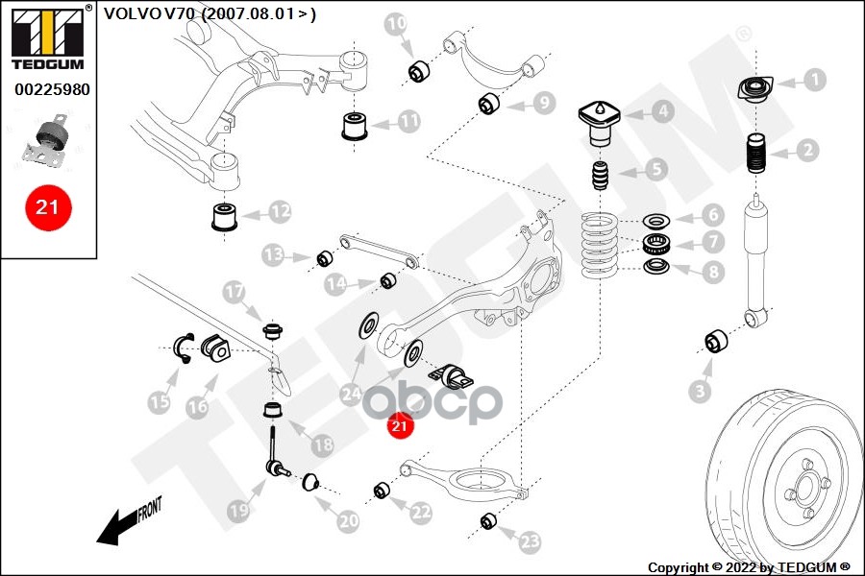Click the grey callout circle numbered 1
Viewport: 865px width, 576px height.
click(x=814, y=80)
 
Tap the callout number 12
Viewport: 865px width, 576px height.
click(x=280, y=209)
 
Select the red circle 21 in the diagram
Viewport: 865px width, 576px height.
click(x=399, y=425)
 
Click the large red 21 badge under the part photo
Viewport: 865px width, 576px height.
click(x=47, y=207)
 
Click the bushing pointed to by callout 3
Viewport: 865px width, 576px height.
click(x=715, y=341)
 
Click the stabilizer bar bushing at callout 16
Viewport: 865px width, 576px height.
click(x=218, y=350)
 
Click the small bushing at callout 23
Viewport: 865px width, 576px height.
click(x=486, y=521)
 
